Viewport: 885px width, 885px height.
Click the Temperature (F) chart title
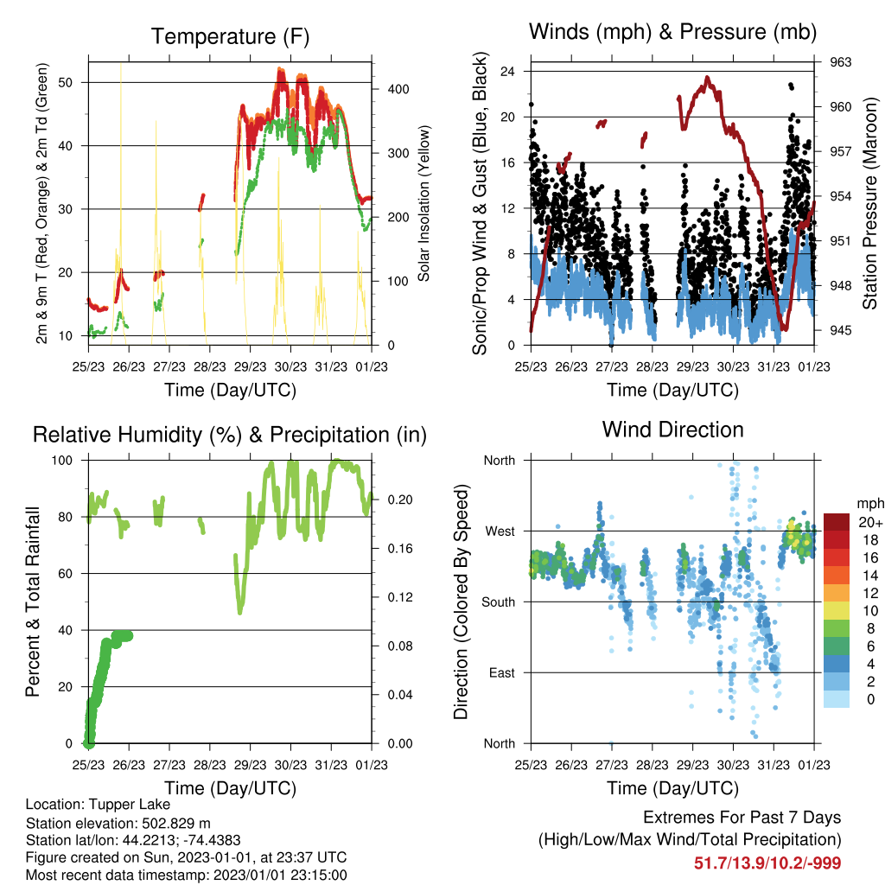point(230,36)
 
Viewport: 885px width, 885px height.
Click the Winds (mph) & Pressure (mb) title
point(672,32)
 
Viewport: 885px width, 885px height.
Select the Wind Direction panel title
point(672,430)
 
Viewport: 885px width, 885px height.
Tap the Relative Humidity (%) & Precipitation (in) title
point(230,435)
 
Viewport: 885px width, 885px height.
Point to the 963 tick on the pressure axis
point(840,62)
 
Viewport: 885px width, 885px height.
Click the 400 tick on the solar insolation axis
point(398,89)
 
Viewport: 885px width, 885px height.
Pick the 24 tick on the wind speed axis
point(507,71)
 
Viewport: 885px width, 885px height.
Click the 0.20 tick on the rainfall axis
point(400,500)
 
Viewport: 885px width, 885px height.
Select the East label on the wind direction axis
point(502,672)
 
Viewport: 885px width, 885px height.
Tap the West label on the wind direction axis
point(500,532)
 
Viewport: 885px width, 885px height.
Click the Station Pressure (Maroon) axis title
point(869,203)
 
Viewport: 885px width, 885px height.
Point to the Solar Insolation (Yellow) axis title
point(423,203)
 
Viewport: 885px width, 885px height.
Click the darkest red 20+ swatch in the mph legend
point(837,522)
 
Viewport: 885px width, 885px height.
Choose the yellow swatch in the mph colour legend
point(837,611)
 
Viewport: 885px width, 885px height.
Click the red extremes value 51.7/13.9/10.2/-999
point(767,863)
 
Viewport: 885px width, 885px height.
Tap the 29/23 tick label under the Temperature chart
point(250,366)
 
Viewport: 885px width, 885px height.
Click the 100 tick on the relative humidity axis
point(62,461)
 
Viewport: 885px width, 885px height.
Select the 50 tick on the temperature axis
point(66,82)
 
